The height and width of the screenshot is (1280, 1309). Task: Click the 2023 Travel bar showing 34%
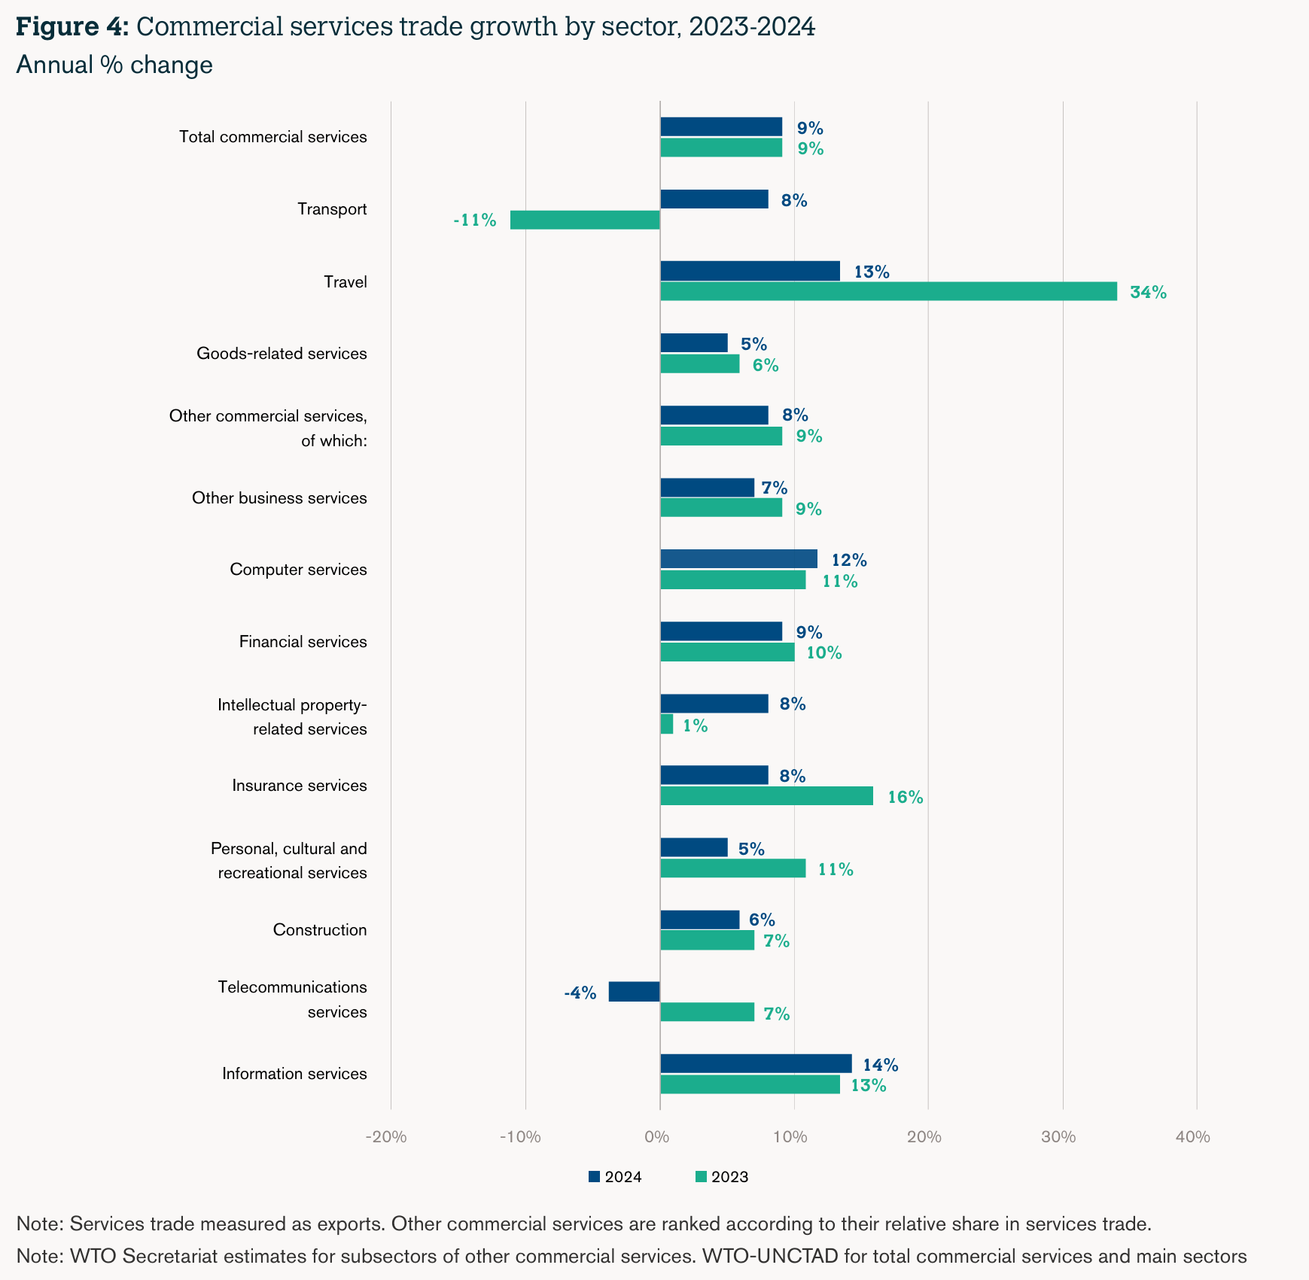pyautogui.click(x=888, y=291)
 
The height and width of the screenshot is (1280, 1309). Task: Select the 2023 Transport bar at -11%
pyautogui.click(x=585, y=220)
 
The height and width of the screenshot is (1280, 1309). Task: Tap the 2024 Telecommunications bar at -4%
pyautogui.click(x=634, y=992)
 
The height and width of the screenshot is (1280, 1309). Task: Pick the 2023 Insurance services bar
pyautogui.click(x=766, y=796)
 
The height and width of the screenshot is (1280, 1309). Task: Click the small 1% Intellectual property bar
pyautogui.click(x=666, y=724)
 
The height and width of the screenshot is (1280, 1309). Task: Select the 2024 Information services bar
pyautogui.click(x=756, y=1063)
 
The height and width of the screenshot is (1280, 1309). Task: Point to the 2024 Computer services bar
pyautogui.click(x=738, y=559)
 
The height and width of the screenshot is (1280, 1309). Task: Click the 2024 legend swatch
pyautogui.click(x=594, y=1177)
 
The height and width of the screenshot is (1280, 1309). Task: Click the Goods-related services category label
pyautogui.click(x=282, y=354)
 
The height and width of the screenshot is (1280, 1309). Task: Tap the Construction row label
pyautogui.click(x=320, y=930)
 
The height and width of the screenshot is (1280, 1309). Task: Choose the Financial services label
pyautogui.click(x=303, y=642)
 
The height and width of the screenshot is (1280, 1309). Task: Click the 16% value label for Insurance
pyautogui.click(x=905, y=798)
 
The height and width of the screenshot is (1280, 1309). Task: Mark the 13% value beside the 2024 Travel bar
pyautogui.click(x=872, y=272)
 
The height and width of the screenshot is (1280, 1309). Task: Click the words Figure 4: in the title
pyautogui.click(x=72, y=27)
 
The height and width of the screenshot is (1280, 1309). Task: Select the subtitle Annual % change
pyautogui.click(x=114, y=65)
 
